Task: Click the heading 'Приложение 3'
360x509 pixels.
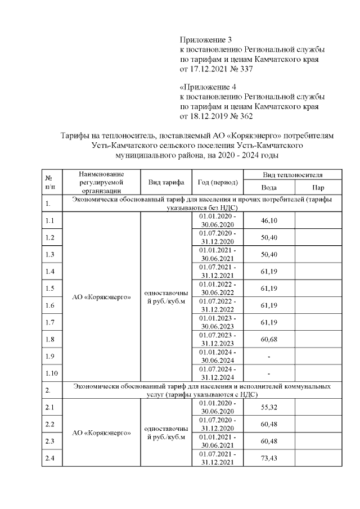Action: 205,39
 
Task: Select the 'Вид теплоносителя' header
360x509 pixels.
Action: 292,175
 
